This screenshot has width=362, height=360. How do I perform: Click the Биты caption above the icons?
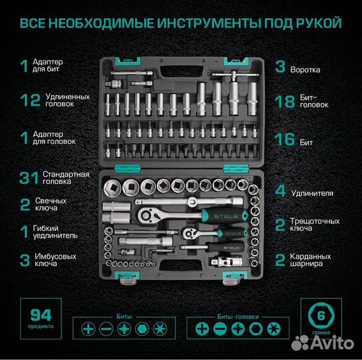(x=124, y=316)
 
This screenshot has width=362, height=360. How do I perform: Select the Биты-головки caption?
(x=232, y=316)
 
